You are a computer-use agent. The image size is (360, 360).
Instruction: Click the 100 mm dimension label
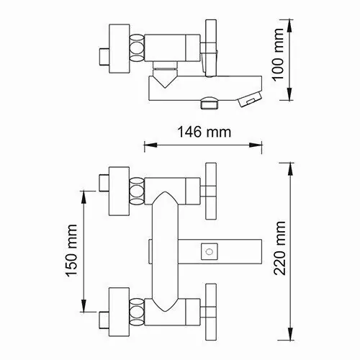(x=279, y=55)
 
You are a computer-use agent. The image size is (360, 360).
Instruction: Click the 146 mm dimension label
(x=204, y=132)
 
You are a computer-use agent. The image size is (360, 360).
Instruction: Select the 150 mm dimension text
(x=72, y=251)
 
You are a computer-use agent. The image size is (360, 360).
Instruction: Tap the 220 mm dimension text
(x=280, y=248)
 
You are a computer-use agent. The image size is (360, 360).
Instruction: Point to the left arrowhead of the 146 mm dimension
(x=150, y=145)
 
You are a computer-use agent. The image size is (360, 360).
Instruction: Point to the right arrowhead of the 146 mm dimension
(x=256, y=145)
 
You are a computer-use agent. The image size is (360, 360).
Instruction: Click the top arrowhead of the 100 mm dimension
(x=290, y=26)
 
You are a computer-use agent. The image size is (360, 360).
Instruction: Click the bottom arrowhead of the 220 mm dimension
(x=290, y=333)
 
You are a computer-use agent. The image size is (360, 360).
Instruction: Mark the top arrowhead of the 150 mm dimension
(x=84, y=197)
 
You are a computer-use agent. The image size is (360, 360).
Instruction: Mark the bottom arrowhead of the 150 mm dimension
(x=84, y=305)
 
